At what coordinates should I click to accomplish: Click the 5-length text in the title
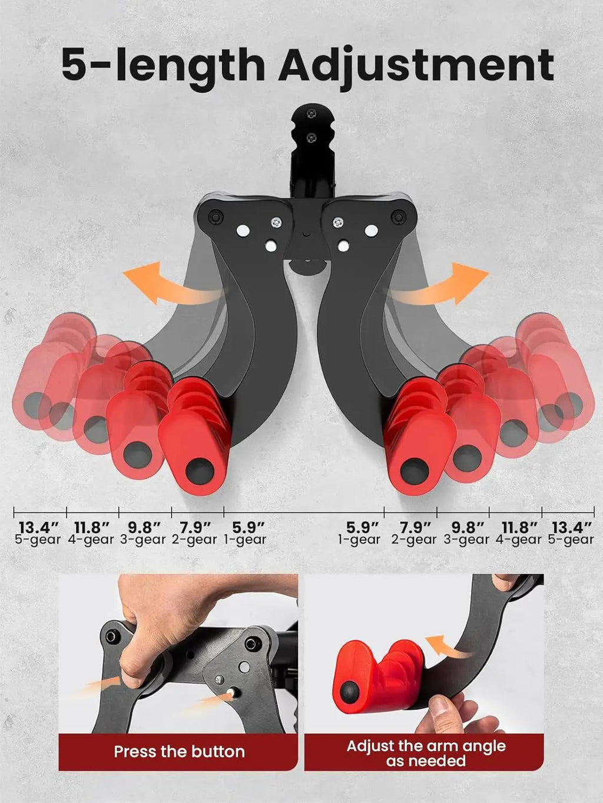(x=163, y=64)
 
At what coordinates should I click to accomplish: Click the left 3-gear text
(x=143, y=540)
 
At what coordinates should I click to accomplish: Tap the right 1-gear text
(x=359, y=540)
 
